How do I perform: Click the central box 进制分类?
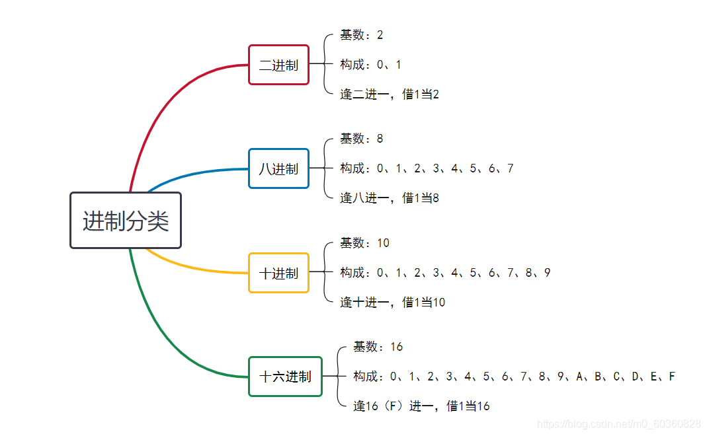point(126,221)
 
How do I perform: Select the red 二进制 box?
point(278,65)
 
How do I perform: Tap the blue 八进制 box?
point(278,168)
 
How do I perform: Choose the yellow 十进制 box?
point(278,273)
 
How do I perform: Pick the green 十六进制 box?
point(285,377)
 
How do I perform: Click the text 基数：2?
point(362,35)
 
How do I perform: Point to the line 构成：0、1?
point(370,65)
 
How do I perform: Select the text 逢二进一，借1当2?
point(390,94)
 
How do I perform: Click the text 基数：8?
point(362,139)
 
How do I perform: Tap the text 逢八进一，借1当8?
point(390,198)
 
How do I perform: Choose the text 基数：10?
point(365,243)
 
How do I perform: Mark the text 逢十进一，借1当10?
point(393,303)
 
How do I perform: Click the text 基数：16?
point(378,347)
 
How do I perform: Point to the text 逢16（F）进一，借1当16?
point(421,406)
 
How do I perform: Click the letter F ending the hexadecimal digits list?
point(672,377)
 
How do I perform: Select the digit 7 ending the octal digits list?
point(511,168)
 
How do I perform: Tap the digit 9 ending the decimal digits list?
point(548,273)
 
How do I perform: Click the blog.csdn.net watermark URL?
point(619,423)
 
